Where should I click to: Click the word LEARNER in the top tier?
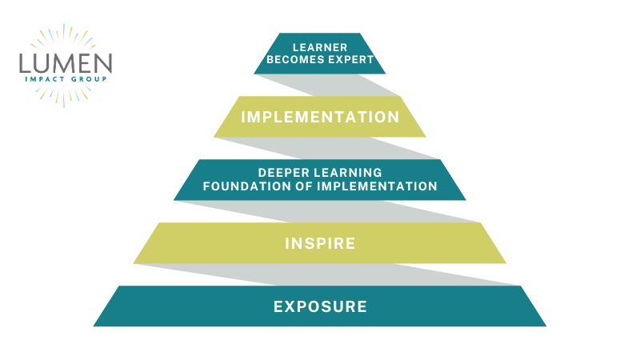pyautogui.click(x=320, y=47)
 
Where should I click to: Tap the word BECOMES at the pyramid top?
pyautogui.click(x=290, y=59)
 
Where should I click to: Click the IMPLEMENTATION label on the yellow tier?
pyautogui.click(x=320, y=117)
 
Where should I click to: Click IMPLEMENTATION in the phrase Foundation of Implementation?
pyautogui.click(x=377, y=186)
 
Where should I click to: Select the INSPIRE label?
pyautogui.click(x=320, y=244)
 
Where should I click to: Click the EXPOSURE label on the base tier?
pyautogui.click(x=320, y=306)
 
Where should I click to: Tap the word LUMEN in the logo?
pyautogui.click(x=66, y=63)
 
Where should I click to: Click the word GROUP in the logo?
pyautogui.click(x=89, y=79)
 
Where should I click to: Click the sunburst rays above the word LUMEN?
pyautogui.click(x=63, y=38)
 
